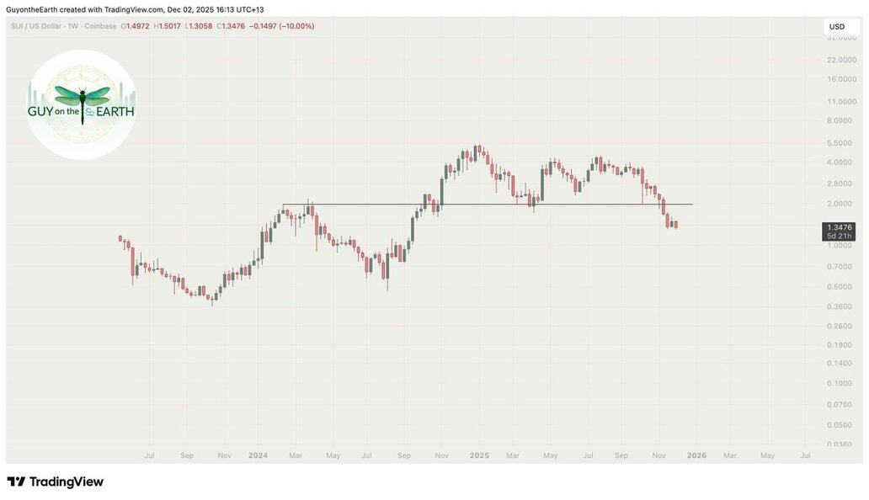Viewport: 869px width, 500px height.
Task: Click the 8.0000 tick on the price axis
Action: (840, 120)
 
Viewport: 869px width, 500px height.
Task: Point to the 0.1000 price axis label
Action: (840, 383)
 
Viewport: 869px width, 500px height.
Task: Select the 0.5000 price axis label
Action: (840, 286)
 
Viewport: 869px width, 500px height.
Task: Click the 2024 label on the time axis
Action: (258, 455)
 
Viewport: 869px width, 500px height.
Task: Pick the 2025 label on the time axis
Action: (479, 455)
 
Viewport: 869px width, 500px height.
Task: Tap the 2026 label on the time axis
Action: (696, 455)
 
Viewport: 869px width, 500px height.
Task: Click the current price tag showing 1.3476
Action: (840, 227)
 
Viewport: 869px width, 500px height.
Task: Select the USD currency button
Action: (837, 27)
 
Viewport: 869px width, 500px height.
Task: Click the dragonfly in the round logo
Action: (83, 98)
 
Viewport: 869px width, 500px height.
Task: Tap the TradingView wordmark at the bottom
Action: (56, 482)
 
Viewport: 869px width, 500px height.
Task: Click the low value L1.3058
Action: (199, 26)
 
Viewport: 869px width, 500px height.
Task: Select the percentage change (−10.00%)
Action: (296, 26)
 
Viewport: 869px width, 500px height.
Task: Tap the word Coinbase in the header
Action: (100, 26)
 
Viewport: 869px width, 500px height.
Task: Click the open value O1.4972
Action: (136, 26)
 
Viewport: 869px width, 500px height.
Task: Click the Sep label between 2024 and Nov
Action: (404, 455)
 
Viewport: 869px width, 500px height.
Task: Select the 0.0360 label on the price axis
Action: (840, 444)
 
